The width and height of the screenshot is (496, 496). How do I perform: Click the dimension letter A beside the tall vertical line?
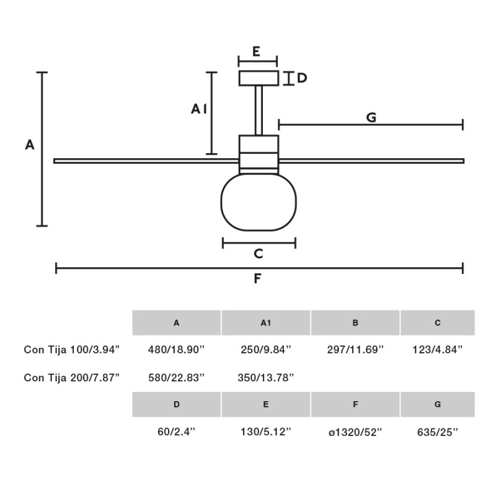click(x=29, y=145)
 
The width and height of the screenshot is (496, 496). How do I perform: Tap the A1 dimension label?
click(x=198, y=109)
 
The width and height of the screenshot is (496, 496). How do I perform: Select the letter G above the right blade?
click(x=371, y=117)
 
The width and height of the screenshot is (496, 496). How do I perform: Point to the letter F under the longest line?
click(x=258, y=279)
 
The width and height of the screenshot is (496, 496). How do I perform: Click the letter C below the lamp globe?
click(x=259, y=254)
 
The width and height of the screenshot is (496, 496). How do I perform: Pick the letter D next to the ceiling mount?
click(x=302, y=78)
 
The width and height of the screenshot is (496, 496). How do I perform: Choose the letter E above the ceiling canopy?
click(x=257, y=51)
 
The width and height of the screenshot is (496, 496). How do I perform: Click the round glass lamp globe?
click(x=259, y=202)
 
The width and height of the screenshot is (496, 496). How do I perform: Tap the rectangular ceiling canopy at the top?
click(x=258, y=79)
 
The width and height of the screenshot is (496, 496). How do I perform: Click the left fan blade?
click(x=146, y=161)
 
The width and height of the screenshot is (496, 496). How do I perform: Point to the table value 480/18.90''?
click(x=176, y=350)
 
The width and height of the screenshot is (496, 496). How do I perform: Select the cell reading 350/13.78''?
click(x=265, y=377)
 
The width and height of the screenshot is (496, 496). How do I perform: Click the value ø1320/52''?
click(x=355, y=432)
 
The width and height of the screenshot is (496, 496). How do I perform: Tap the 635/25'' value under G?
click(x=437, y=432)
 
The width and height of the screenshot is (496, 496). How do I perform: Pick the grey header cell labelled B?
click(x=355, y=323)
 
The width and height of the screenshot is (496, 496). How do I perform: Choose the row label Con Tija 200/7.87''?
click(x=71, y=377)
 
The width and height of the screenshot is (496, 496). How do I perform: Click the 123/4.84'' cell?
click(x=437, y=350)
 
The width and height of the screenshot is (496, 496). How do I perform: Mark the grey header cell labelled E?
click(x=265, y=404)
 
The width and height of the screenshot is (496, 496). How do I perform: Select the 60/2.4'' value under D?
click(x=176, y=432)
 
